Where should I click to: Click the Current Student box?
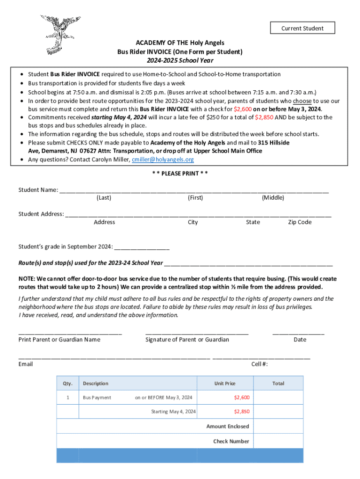point(302,28)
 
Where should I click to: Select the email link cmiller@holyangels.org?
point(163,160)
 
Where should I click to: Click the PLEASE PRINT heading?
point(180,174)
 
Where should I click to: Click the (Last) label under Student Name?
point(104,198)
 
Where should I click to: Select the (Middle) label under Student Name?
point(273,198)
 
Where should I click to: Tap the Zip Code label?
point(300,222)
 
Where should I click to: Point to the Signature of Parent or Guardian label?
point(187,340)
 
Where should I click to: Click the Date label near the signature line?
point(300,340)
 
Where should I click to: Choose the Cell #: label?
point(259,364)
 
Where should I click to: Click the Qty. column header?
point(68,384)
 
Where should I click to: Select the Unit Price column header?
point(225,384)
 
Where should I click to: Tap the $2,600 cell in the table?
point(242,398)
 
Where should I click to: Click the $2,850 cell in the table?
point(242,412)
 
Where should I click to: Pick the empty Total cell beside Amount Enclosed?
point(278,426)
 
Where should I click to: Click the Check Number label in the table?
point(231,441)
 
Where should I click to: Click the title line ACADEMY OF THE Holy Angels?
point(180,43)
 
